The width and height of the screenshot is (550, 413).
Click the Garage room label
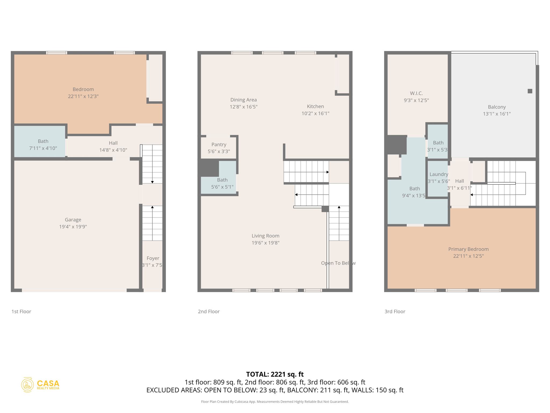(x=73, y=220)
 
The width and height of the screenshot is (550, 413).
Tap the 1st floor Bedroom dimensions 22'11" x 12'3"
(x=83, y=96)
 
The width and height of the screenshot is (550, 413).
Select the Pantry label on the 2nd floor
(x=219, y=144)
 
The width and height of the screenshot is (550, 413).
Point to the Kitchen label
(x=315, y=106)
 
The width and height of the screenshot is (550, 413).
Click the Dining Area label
(x=243, y=100)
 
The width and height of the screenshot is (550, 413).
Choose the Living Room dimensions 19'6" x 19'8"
(x=265, y=243)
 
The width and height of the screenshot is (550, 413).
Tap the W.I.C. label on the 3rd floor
(x=416, y=93)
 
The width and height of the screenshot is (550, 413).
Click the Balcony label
(x=497, y=107)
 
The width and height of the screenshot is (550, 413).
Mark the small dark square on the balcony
(x=530, y=91)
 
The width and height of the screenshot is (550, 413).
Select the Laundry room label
(x=439, y=174)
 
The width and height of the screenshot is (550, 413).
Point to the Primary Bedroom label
(x=468, y=249)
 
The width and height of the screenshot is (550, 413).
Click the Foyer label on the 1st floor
(x=153, y=258)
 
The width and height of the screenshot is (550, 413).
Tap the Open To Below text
(x=338, y=263)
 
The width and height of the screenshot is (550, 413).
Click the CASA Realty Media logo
(x=41, y=385)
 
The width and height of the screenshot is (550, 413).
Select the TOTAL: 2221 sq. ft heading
(x=275, y=374)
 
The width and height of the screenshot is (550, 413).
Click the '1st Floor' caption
(x=21, y=311)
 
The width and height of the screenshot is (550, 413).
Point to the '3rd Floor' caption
(x=395, y=311)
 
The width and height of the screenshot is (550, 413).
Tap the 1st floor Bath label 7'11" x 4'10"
(x=43, y=145)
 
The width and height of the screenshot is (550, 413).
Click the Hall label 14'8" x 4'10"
(x=113, y=146)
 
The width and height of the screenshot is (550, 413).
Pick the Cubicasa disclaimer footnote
(x=275, y=401)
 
